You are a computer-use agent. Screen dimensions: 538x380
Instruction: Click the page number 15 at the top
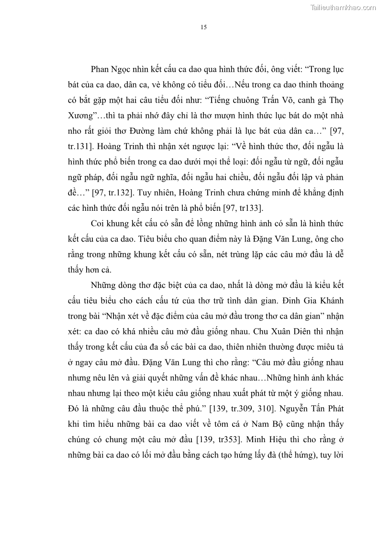point(203,27)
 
